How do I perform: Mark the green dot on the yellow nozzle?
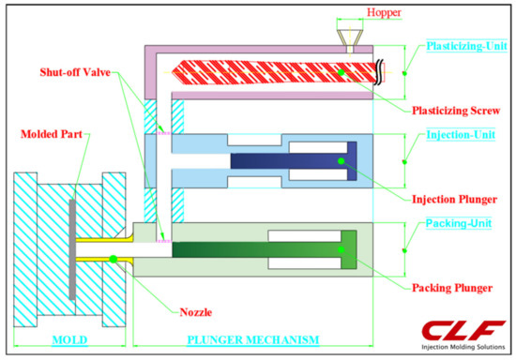(113, 257)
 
